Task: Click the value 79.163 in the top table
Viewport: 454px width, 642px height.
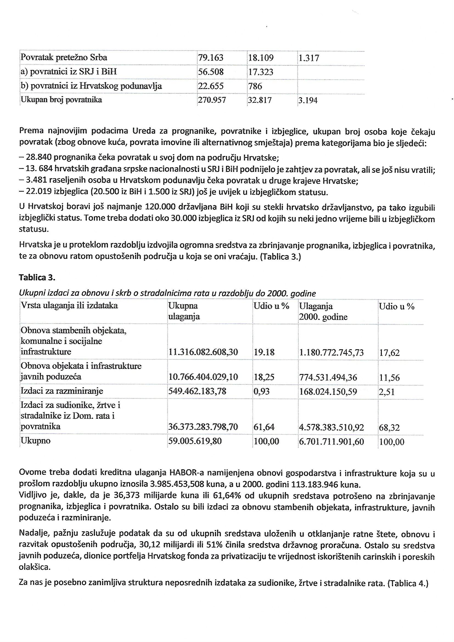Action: tap(211, 58)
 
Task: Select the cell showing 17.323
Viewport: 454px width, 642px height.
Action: tap(260, 72)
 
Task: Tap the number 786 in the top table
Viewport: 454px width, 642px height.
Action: tap(255, 86)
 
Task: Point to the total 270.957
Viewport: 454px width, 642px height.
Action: tap(212, 100)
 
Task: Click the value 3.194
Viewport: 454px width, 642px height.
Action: tap(308, 100)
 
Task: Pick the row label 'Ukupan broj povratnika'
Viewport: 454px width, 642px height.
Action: tap(61, 100)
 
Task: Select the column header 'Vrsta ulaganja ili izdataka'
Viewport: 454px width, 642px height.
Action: tap(69, 305)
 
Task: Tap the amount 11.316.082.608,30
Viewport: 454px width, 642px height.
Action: tap(203, 352)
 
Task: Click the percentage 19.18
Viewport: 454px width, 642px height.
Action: tap(264, 352)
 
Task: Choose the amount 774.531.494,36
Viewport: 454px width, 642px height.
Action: tap(328, 378)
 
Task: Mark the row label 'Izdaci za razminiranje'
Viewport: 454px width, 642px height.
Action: tap(62, 391)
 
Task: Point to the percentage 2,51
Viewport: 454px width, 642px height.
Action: tap(387, 392)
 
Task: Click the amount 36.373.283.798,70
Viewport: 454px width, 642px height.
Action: tap(203, 427)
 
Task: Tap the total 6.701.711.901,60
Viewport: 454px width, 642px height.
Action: tap(332, 442)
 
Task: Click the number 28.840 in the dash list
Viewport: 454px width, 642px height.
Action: tap(39, 157)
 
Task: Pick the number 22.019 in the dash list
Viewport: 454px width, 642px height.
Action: tap(39, 192)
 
